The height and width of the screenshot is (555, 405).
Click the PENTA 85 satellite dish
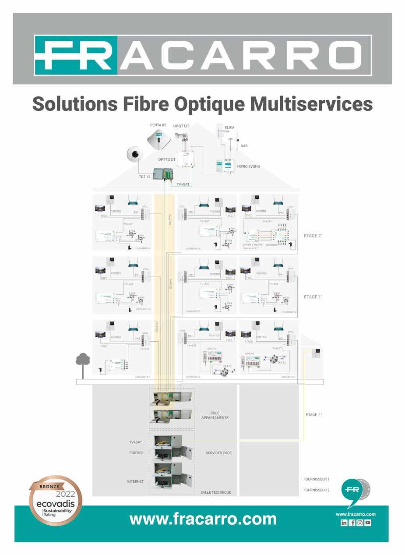pyautogui.click(x=158, y=139)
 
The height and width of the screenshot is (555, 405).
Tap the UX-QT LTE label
pyautogui.click(x=181, y=126)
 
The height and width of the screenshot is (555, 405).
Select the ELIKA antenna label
pyautogui.click(x=229, y=127)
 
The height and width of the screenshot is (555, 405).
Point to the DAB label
pyautogui.click(x=244, y=146)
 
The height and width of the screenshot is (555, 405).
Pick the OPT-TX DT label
pyautogui.click(x=167, y=160)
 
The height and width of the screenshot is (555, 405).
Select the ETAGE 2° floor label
pyautogui.click(x=313, y=236)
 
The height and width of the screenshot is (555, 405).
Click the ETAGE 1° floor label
pyautogui.click(x=313, y=297)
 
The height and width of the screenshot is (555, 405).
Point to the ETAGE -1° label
pyautogui.click(x=314, y=414)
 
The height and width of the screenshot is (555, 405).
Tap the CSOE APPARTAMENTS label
pyautogui.click(x=215, y=415)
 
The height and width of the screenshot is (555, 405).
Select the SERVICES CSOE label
pyautogui.click(x=218, y=453)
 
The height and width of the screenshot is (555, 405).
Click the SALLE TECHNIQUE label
pyautogui.click(x=215, y=492)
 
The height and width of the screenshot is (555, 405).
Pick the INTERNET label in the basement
pyautogui.click(x=135, y=481)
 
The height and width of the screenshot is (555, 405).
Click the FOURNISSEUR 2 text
pyautogui.click(x=316, y=490)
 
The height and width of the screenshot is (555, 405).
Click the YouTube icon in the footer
pyautogui.click(x=368, y=523)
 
